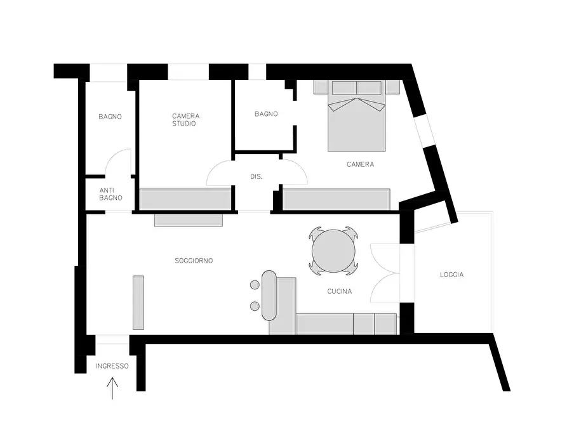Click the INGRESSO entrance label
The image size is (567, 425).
(112, 366)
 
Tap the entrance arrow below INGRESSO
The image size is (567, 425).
(112, 388)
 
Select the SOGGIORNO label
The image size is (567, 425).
(194, 261)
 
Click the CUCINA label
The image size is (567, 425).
(340, 291)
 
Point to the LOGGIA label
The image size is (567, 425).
(451, 275)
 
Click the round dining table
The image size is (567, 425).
(333, 251)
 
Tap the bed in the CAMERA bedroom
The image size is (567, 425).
(357, 115)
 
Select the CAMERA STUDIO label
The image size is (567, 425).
(185, 120)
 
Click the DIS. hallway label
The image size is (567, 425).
(257, 177)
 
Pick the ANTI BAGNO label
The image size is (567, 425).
(110, 194)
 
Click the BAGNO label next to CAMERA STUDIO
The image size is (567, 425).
(110, 117)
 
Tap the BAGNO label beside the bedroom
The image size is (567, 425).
(266, 114)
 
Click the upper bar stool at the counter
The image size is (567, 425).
(255, 285)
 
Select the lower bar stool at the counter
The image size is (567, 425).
(255, 306)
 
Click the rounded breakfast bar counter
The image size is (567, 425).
(269, 295)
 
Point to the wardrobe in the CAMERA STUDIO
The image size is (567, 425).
(185, 199)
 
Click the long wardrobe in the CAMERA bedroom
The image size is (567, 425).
(337, 199)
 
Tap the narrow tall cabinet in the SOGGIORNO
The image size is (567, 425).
(138, 303)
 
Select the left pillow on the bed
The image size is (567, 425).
(344, 88)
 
